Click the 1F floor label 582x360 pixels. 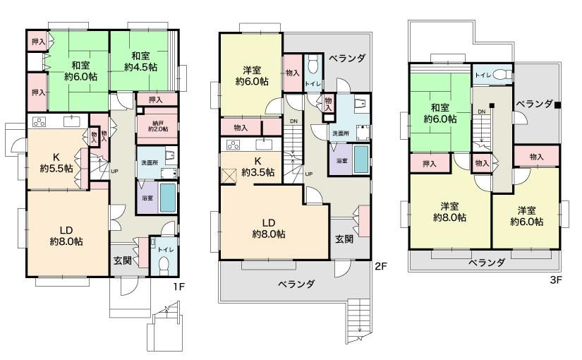178,287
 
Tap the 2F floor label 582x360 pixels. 381,266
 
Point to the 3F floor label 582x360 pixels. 556,280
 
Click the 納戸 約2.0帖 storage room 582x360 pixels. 158,126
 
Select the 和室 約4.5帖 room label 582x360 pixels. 140,61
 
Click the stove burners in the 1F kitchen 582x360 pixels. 39,121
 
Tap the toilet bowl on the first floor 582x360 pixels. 164,265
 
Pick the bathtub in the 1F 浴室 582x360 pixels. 168,197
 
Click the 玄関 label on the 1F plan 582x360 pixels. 123,260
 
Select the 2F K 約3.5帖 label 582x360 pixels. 258,167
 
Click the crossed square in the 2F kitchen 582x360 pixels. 229,176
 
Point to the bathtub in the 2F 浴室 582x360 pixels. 361,159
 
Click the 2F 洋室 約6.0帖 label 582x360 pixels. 252,76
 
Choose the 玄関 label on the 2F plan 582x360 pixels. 344,239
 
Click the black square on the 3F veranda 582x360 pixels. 557,105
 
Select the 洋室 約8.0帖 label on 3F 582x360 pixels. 450,212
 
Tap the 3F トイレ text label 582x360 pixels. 483,75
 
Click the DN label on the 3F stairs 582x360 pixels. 481,112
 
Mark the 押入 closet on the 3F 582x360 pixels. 430,163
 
